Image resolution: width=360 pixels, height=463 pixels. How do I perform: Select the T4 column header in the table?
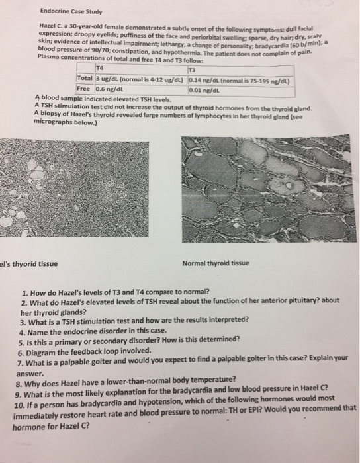point(100,68)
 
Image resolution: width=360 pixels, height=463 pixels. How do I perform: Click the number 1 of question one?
point(24,292)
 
